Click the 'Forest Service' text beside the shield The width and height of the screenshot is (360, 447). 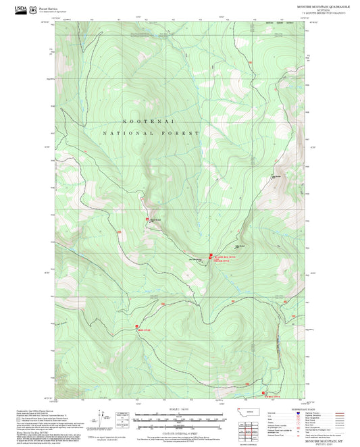pyautogui.click(x=48, y=7)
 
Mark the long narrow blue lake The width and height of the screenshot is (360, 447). pyautogui.click(x=276, y=348)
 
